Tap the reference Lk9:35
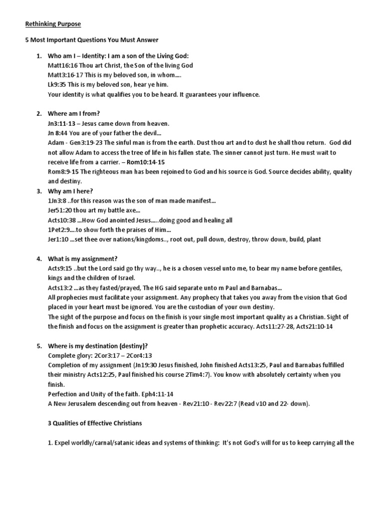pos(57,85)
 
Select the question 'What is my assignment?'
pos(82,258)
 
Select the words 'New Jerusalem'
pos(79,404)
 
